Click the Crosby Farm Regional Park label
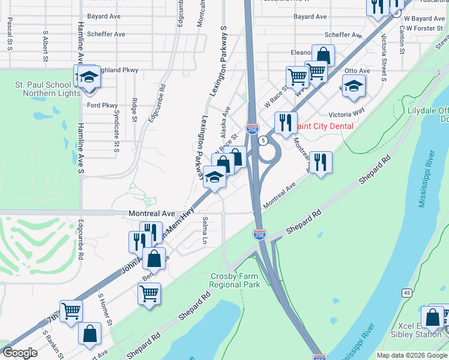tap(235, 280)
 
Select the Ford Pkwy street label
tap(102, 106)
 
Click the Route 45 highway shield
tap(406, 292)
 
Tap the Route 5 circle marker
tap(264, 140)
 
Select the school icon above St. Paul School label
tap(88, 76)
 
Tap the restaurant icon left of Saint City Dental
tap(285, 121)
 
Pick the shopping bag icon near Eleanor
tap(323, 55)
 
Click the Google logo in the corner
tap(20, 353)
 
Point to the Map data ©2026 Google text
tap(412, 355)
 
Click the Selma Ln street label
tap(205, 231)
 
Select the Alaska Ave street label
tap(226, 118)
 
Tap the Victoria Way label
tap(346, 113)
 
